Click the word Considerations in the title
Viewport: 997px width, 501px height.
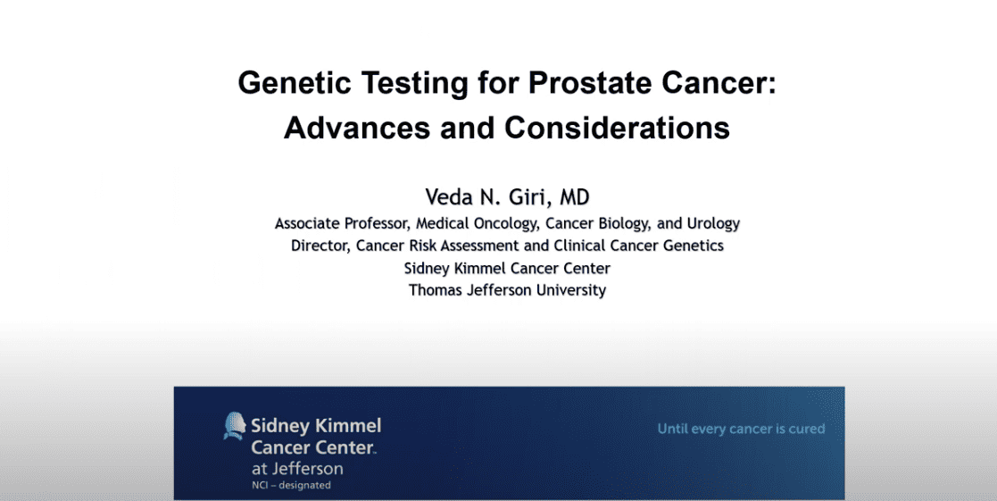[x=618, y=128]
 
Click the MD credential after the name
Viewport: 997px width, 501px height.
[x=575, y=197]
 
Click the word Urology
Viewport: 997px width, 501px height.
[x=713, y=224]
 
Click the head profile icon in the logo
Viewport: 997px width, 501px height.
[x=235, y=426]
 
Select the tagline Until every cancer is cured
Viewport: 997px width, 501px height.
[x=742, y=430]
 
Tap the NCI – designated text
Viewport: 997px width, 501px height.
[x=291, y=486]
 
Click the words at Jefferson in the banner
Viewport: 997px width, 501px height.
[x=297, y=469]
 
